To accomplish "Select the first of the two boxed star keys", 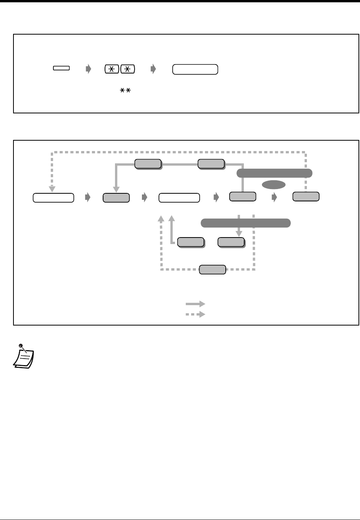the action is (x=112, y=69).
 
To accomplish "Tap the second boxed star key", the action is (x=128, y=69).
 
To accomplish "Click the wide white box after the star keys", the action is (x=195, y=69).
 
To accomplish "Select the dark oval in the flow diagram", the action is (x=273, y=185).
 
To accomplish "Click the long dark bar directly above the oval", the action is (x=274, y=173).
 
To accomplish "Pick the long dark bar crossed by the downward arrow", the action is (x=245, y=223).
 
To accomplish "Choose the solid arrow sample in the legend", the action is (x=195, y=304).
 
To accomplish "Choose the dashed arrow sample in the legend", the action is (x=195, y=314).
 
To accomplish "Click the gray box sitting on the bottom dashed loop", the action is (x=212, y=269).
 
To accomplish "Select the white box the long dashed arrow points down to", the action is (x=53, y=198).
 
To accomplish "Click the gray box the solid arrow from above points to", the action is (x=116, y=198).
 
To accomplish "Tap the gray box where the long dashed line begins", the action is (x=306, y=196).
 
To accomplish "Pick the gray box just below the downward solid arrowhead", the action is (x=231, y=242).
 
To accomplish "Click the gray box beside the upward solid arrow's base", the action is (x=190, y=242).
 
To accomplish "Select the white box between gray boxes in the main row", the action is (x=179, y=198).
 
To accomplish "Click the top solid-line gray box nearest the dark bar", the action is (x=211, y=163).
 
